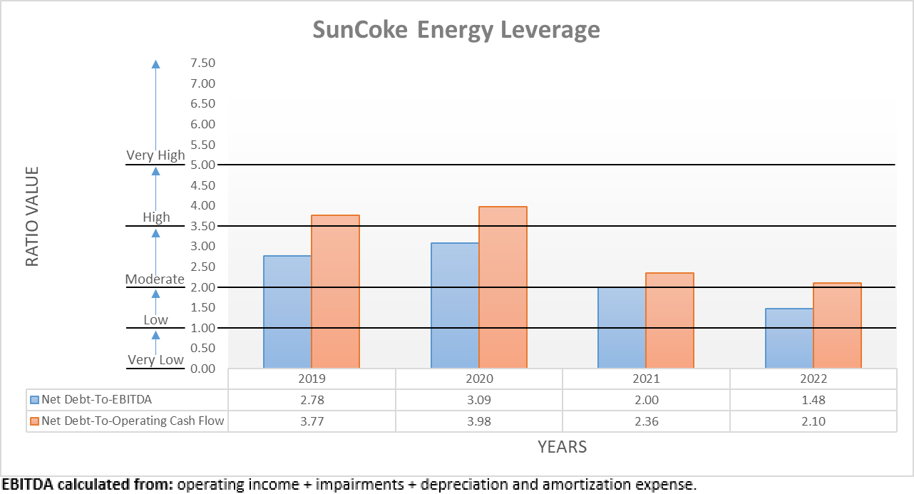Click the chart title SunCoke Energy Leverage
456,31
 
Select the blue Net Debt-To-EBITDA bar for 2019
287,312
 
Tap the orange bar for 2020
503,287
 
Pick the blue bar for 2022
789,338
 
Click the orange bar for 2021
669,320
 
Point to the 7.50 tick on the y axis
202,63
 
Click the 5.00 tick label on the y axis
202,165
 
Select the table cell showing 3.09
479,400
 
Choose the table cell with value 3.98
479,421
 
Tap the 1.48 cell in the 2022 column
813,400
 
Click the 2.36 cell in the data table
646,421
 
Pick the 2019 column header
312,379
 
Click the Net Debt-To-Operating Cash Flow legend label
133,421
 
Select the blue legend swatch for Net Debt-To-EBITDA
34,400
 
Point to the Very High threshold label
155,155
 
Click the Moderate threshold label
155,279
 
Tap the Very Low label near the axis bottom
155,359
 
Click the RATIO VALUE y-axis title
32,217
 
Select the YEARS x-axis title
562,447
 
